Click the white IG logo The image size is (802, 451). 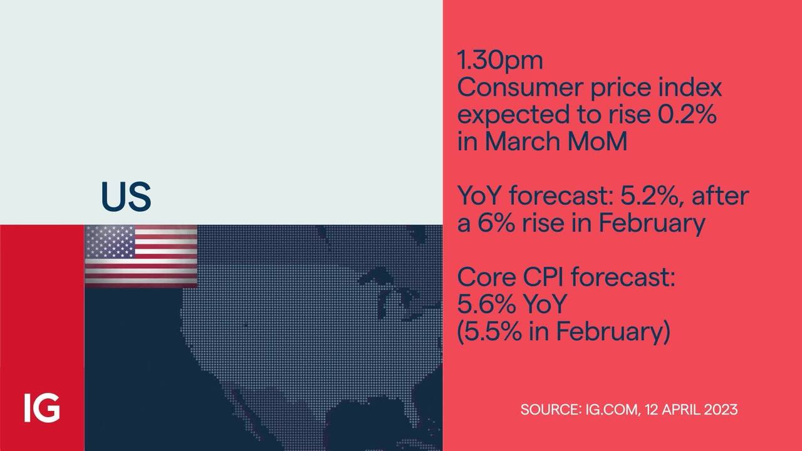click(x=42, y=408)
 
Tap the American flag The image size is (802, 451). click(x=141, y=256)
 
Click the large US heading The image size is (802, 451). click(x=126, y=197)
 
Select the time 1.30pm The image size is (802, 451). click(x=500, y=61)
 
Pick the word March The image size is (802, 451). click(x=523, y=142)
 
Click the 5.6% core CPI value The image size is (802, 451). click(x=487, y=304)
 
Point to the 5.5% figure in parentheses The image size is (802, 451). click(x=492, y=331)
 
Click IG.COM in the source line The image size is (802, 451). click(x=613, y=410)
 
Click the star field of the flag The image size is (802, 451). click(x=110, y=242)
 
